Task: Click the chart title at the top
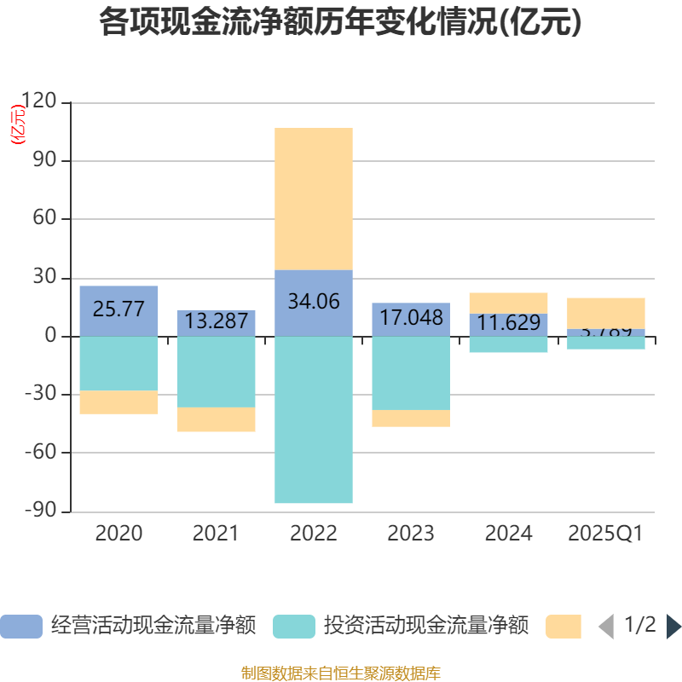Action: (341, 23)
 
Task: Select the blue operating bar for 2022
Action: (314, 303)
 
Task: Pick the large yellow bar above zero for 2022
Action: (314, 199)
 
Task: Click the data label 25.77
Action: (118, 309)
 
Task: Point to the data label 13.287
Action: (217, 321)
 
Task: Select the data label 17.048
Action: (411, 318)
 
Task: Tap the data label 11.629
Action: (508, 323)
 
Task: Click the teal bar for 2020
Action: (118, 363)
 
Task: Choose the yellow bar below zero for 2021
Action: (217, 419)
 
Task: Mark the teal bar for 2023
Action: (411, 373)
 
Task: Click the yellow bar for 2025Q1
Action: (606, 313)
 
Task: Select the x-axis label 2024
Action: (508, 534)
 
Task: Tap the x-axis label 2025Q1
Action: (606, 534)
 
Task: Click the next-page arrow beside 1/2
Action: (673, 627)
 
